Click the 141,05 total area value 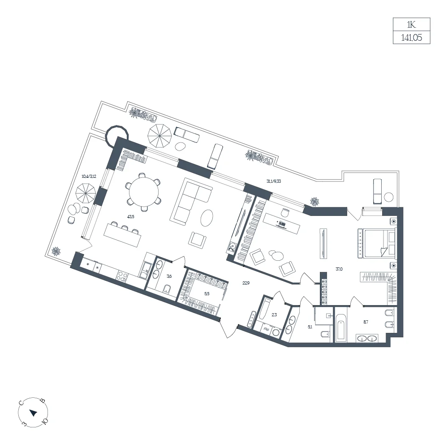coord(411,38)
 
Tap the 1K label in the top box coord(411,25)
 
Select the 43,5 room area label coord(130,216)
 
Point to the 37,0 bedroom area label coord(339,269)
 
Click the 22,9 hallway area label coord(246,283)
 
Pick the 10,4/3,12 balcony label coord(89,176)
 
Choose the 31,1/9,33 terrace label coord(274,181)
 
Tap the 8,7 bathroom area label coord(366,322)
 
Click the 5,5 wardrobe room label coord(207,293)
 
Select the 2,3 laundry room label coord(274,315)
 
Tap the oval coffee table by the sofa coord(207,218)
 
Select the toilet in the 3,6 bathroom coord(167,289)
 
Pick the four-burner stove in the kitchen coord(122,276)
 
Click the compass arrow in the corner coord(34,413)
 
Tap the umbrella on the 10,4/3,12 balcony coord(86,194)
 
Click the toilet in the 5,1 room coord(325,334)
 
